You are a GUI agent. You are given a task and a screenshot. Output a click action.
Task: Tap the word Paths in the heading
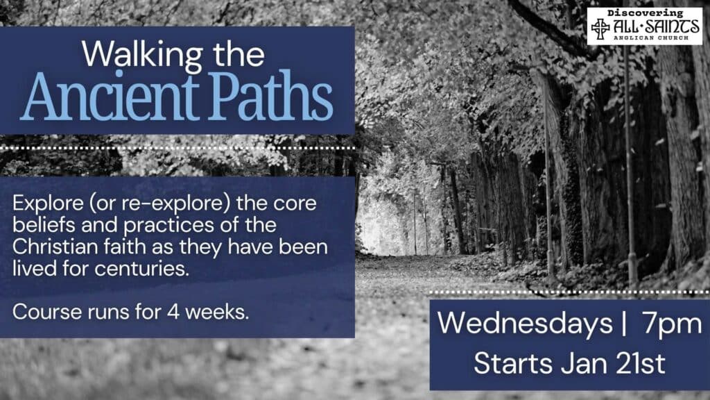point(270,96)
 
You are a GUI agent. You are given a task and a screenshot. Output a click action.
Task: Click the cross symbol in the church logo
point(600,28)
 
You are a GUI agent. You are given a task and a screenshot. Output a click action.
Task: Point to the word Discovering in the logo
point(645,14)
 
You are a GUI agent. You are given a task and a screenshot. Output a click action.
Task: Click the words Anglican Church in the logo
point(650,37)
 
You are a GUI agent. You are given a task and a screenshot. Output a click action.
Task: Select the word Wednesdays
point(525,324)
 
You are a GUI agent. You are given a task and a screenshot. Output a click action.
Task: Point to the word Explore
point(48,203)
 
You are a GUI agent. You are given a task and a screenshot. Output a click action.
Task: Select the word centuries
point(142,269)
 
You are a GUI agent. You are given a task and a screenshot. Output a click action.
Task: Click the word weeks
point(217,312)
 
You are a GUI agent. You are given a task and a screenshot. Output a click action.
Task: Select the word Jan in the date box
point(584,363)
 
